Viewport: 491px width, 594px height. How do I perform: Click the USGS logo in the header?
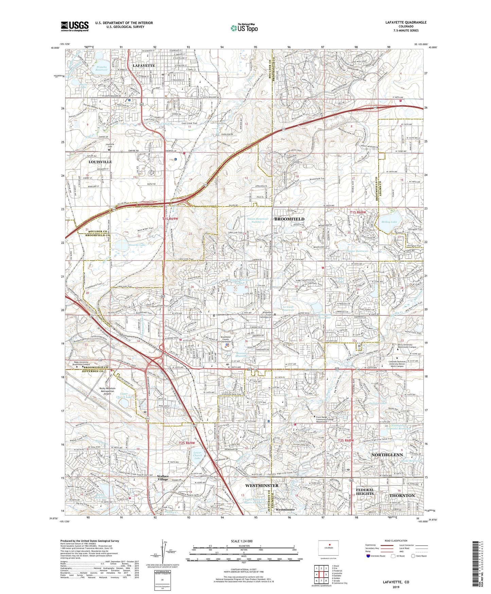click(x=75, y=26)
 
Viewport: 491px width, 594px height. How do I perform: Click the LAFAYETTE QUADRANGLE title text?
click(x=406, y=22)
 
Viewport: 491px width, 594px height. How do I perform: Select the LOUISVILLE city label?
click(x=100, y=162)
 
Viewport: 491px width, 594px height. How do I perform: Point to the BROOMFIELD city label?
click(x=289, y=219)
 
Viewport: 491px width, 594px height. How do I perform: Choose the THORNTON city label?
click(x=402, y=495)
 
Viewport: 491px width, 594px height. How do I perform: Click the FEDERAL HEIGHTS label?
click(x=365, y=492)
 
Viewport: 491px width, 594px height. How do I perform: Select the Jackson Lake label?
click(x=378, y=403)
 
